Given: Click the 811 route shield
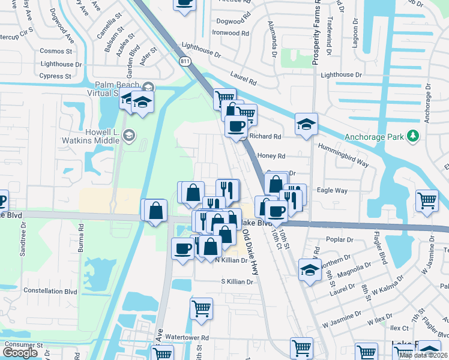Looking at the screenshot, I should pyautogui.click(x=184, y=61).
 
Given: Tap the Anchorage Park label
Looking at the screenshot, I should pyautogui.click(x=374, y=137).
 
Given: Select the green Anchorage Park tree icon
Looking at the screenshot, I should pyautogui.click(x=412, y=136).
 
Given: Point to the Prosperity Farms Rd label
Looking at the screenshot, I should pyautogui.click(x=316, y=33).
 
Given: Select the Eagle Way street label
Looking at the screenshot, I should pyautogui.click(x=332, y=190).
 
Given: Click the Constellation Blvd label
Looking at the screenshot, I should pyautogui.click(x=50, y=291).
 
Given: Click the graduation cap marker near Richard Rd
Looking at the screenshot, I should pyautogui.click(x=306, y=124).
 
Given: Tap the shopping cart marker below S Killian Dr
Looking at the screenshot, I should pyautogui.click(x=201, y=308).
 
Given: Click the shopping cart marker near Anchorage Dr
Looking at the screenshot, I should pyautogui.click(x=427, y=200).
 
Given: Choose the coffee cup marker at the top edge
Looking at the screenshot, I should pyautogui.click(x=184, y=3).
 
